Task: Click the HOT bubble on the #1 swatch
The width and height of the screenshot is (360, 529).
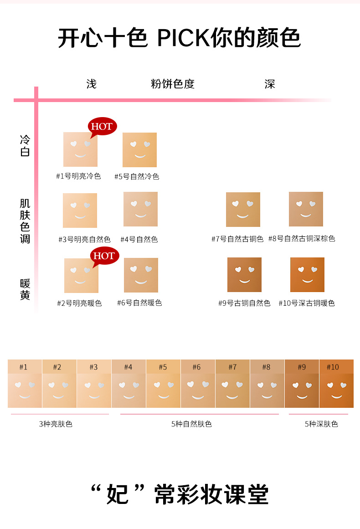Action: click(102, 127)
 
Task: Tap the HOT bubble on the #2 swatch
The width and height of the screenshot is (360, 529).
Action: click(105, 256)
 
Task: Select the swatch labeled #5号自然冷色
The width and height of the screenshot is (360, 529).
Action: click(140, 150)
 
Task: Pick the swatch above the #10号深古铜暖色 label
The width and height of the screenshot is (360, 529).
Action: click(307, 275)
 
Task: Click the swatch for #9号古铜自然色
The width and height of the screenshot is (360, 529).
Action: click(245, 275)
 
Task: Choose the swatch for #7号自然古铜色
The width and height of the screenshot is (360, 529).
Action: click(243, 210)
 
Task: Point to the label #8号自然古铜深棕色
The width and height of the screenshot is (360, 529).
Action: click(302, 239)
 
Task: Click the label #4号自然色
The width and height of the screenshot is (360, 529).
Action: click(139, 240)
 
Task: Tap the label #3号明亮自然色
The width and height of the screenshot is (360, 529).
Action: click(84, 240)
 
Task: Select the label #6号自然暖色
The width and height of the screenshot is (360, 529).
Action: click(139, 303)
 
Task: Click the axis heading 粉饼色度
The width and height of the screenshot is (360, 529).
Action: click(173, 84)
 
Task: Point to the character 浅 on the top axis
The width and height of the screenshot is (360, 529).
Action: click(92, 84)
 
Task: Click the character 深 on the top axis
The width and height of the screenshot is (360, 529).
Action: click(270, 84)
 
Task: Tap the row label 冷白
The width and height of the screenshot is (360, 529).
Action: click(25, 146)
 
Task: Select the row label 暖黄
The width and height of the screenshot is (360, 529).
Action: click(25, 289)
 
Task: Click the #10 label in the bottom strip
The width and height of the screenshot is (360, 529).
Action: click(333, 367)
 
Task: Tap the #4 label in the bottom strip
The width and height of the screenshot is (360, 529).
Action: click(128, 367)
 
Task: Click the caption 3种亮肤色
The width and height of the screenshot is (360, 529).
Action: click(56, 424)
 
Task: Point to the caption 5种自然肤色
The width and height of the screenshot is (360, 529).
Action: click(191, 424)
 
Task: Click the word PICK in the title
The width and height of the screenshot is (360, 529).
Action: click(184, 38)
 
